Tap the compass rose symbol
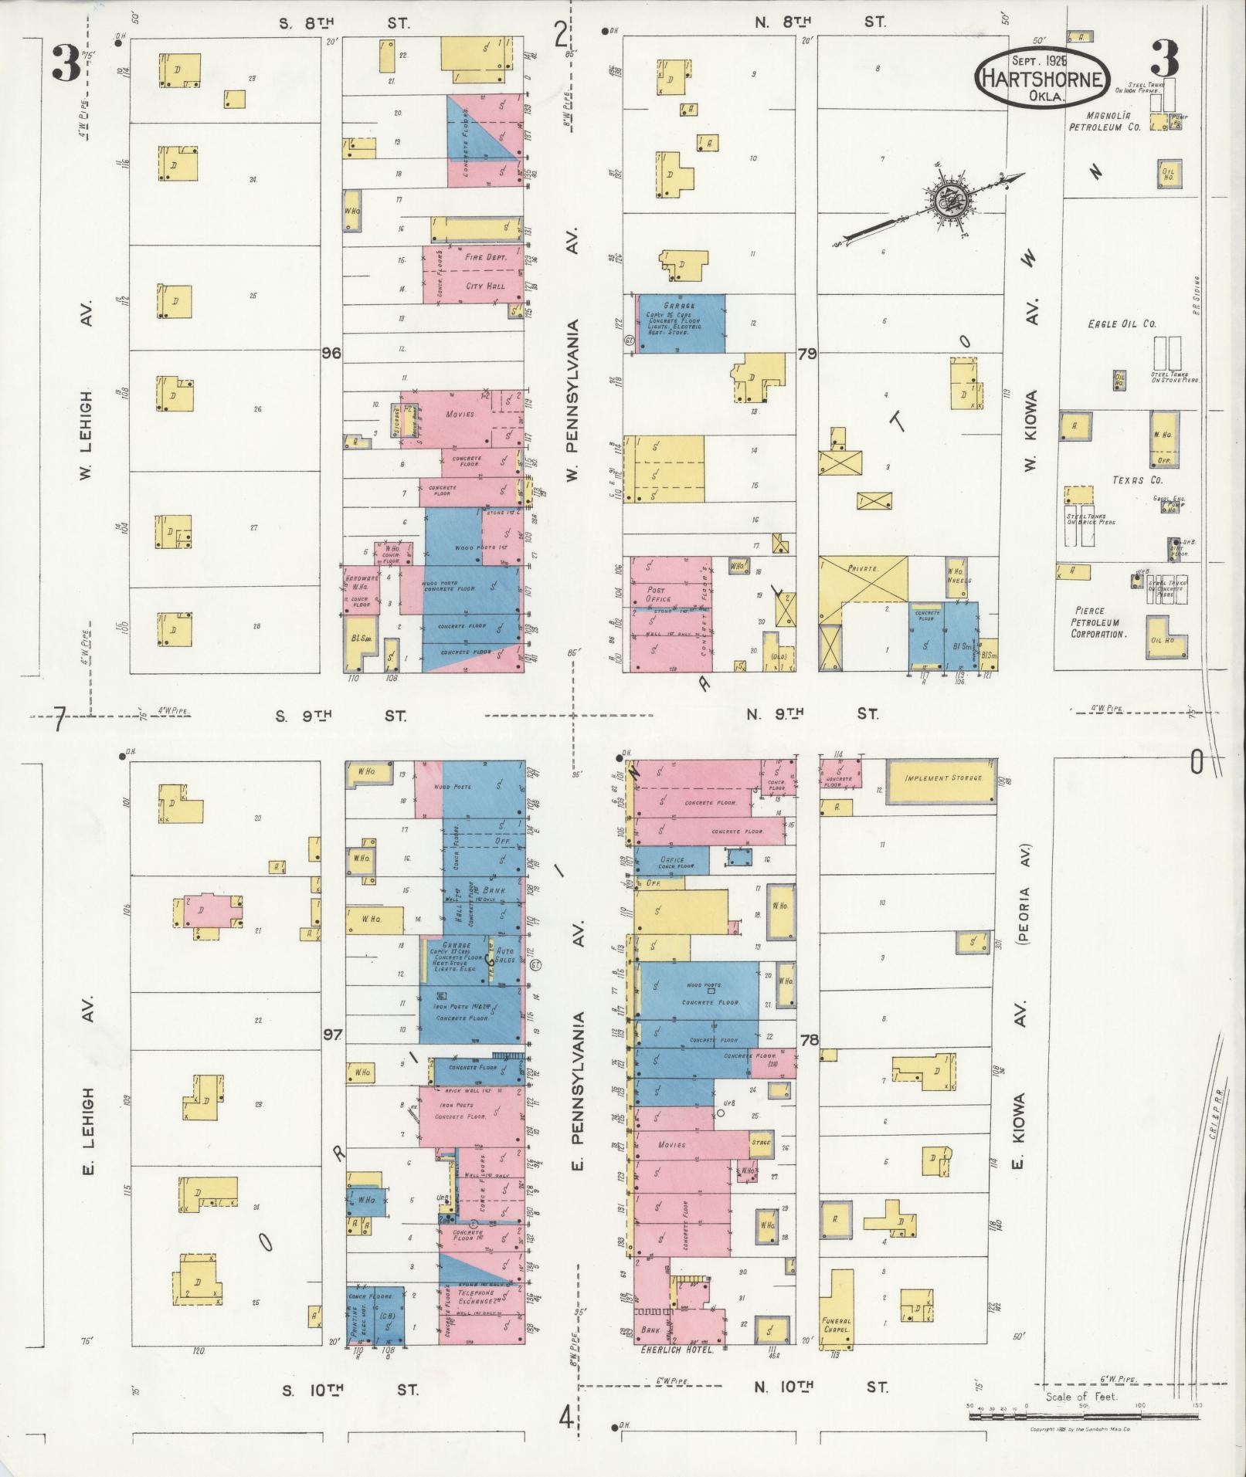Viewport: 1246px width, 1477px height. click(948, 201)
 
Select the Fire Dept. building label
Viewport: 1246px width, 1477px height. click(485, 257)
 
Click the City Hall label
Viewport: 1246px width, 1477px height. click(485, 286)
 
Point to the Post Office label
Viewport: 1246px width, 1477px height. click(658, 594)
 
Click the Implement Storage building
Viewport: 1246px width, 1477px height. click(943, 778)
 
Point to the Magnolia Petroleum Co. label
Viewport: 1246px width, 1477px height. click(1105, 122)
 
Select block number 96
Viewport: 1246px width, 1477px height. click(332, 354)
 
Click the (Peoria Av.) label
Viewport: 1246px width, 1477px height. click(1026, 894)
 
